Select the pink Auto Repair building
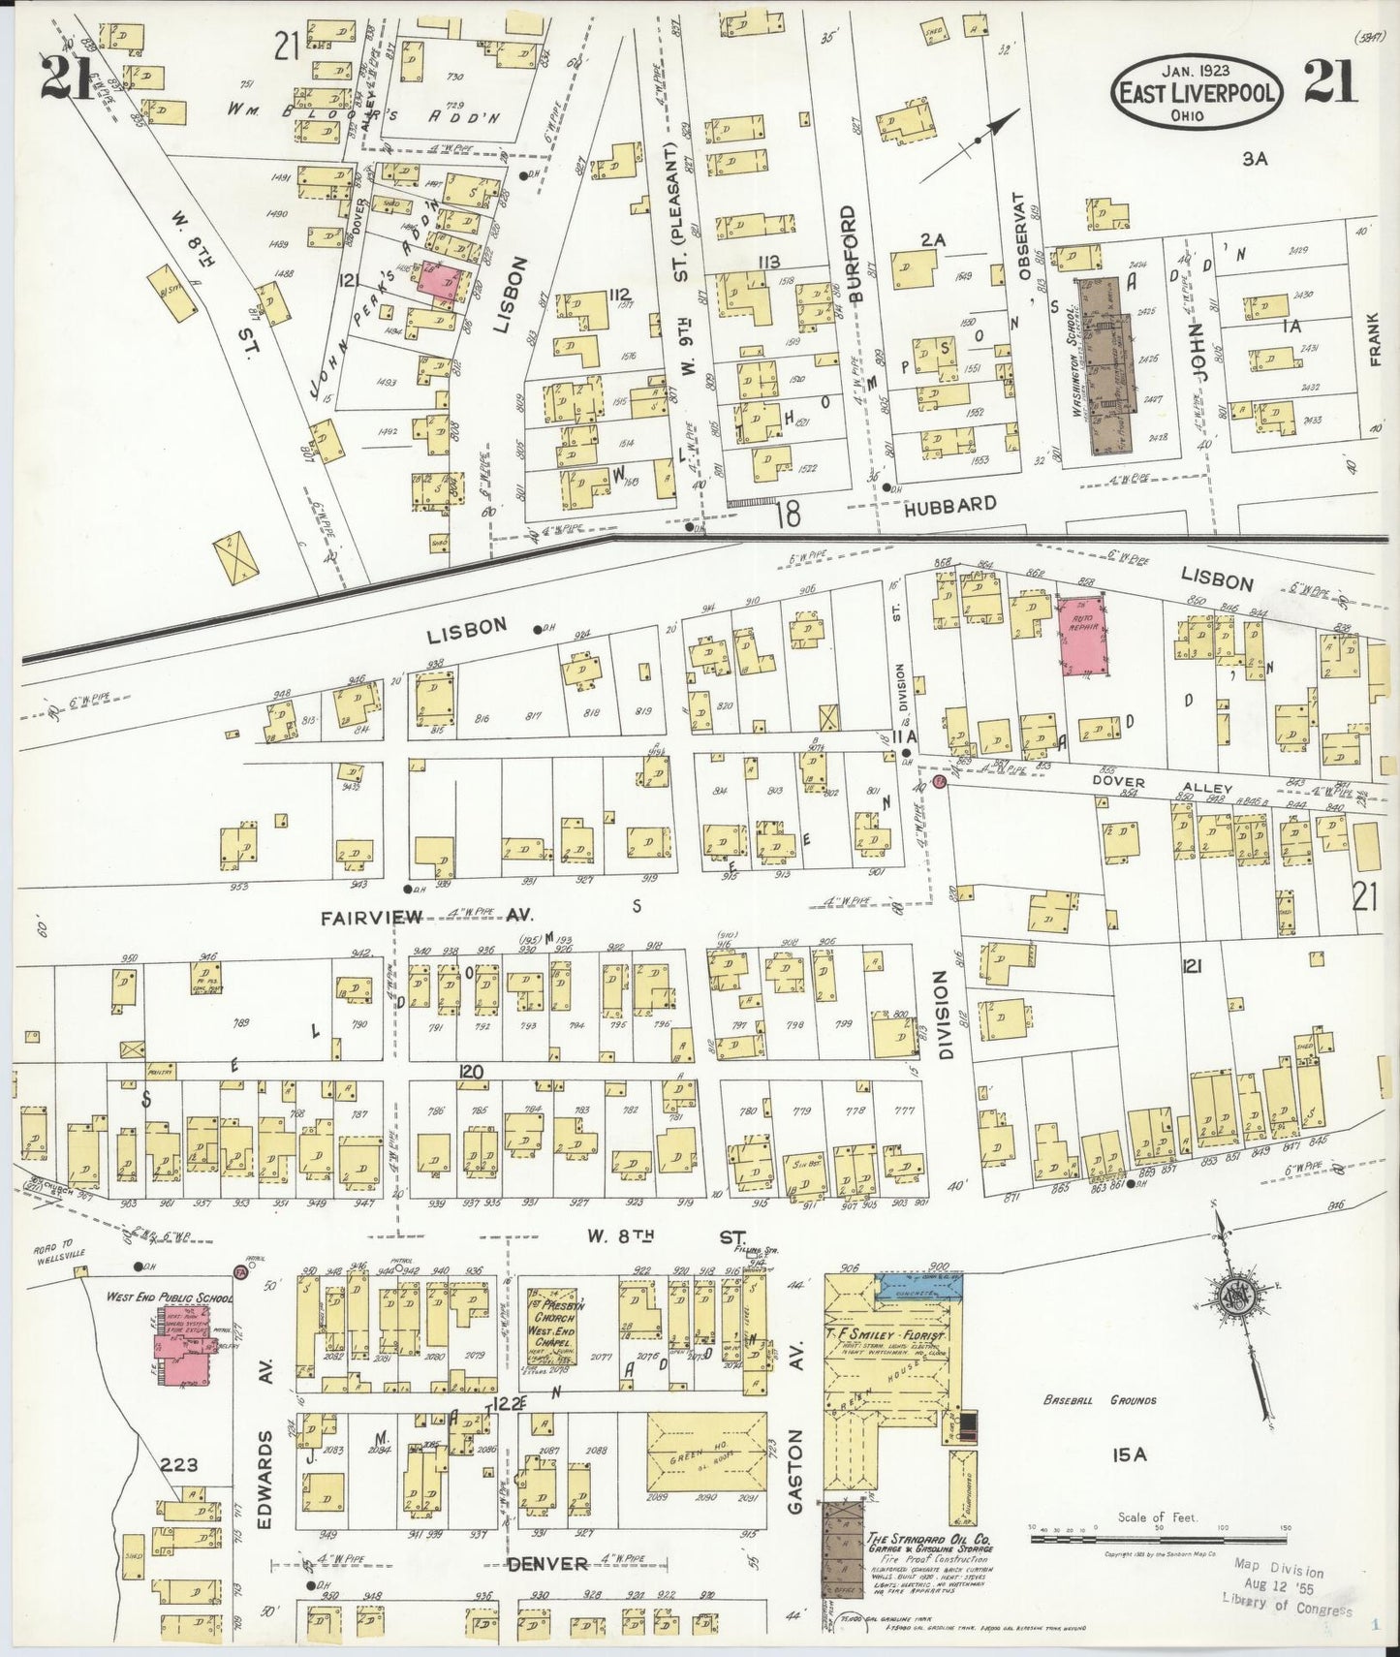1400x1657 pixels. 1084,636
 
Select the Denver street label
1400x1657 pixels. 548,1564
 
